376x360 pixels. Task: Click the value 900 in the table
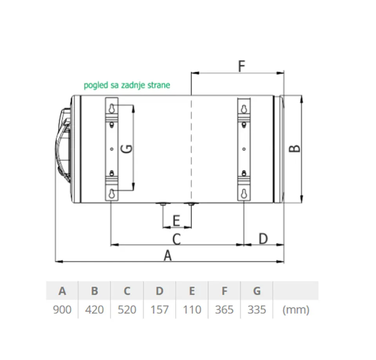coord(62,310)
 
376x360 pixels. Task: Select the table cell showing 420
coord(95,310)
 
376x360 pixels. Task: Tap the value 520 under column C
coord(127,310)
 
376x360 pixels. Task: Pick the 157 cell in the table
coord(159,310)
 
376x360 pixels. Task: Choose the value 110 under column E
coord(192,310)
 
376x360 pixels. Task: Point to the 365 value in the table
coord(224,310)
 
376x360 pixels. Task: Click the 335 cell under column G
coord(257,310)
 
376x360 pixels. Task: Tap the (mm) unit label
coord(296,310)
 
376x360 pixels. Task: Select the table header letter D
coord(159,291)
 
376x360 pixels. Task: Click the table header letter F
coord(224,291)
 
